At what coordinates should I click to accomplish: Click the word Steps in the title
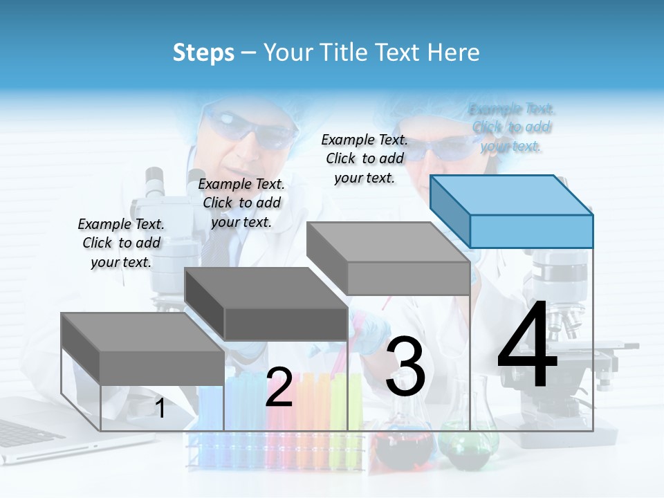click(x=203, y=53)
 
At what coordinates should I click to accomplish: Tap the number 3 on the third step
click(x=405, y=367)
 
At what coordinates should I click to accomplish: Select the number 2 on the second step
click(x=279, y=387)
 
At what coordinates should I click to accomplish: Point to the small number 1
click(x=160, y=409)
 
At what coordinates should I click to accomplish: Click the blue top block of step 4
click(x=512, y=211)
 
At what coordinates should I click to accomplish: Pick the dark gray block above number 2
click(x=266, y=304)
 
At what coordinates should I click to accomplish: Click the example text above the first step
click(x=121, y=243)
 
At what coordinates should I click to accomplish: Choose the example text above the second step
click(x=241, y=203)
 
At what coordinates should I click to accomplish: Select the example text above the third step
click(x=365, y=158)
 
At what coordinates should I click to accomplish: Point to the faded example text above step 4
click(x=512, y=127)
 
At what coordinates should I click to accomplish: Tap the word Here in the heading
click(x=454, y=53)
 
